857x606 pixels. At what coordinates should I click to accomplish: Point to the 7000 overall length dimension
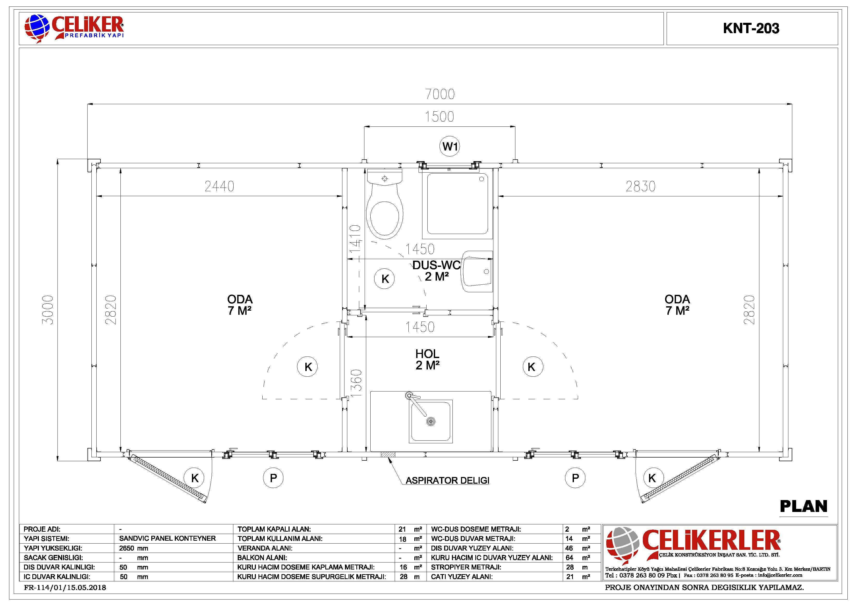tap(440, 94)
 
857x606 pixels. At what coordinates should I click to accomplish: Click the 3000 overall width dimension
tap(48, 310)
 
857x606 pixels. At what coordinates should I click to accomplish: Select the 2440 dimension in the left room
tap(219, 186)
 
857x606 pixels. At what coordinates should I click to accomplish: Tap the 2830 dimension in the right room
tap(640, 186)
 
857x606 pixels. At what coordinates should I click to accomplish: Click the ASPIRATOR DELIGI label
tap(447, 481)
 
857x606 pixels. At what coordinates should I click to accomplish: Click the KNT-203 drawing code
tap(751, 28)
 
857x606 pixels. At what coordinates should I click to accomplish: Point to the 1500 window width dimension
tap(439, 117)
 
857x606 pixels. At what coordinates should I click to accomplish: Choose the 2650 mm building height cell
tap(134, 548)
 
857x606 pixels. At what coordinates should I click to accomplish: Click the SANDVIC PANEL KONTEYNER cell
tap(167, 538)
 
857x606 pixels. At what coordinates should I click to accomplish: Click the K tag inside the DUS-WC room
tap(385, 279)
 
